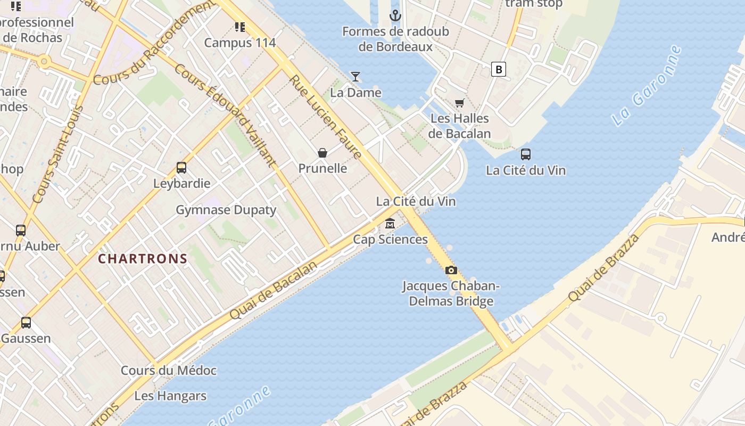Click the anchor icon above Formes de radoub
pyautogui.click(x=395, y=15)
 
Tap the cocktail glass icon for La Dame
pyautogui.click(x=355, y=77)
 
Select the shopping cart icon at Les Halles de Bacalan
pyautogui.click(x=459, y=103)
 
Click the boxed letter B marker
pyautogui.click(x=498, y=69)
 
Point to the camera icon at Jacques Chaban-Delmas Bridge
pyautogui.click(x=451, y=270)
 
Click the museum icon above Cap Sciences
pyautogui.click(x=390, y=224)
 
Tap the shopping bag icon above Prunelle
pyautogui.click(x=322, y=153)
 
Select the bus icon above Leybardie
pyautogui.click(x=181, y=168)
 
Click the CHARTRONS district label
pyautogui.click(x=143, y=259)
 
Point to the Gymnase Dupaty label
pyautogui.click(x=226, y=210)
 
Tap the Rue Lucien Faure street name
pyautogui.click(x=326, y=117)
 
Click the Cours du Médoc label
pyautogui.click(x=169, y=371)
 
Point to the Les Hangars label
pyautogui.click(x=170, y=396)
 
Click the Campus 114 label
pyautogui.click(x=240, y=43)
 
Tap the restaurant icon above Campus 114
pyautogui.click(x=240, y=27)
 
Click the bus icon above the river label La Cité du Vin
pyautogui.click(x=526, y=154)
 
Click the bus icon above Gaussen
pyautogui.click(x=26, y=323)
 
